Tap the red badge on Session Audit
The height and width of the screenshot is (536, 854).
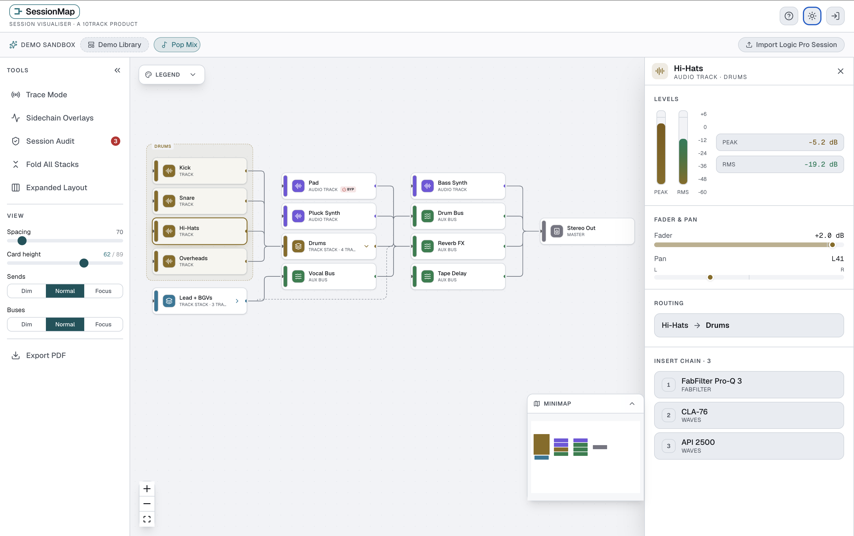pyautogui.click(x=115, y=141)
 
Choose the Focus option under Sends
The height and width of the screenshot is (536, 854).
pyautogui.click(x=103, y=291)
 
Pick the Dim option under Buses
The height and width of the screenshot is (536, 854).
pyautogui.click(x=27, y=324)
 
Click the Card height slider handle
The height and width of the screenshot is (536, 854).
pyautogui.click(x=84, y=263)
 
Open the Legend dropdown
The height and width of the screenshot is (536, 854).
pyautogui.click(x=172, y=74)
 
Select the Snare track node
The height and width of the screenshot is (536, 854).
pyautogui.click(x=200, y=201)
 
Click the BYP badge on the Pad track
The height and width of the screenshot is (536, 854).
pyautogui.click(x=348, y=189)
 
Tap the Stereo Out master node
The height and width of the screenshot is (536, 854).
pyautogui.click(x=587, y=231)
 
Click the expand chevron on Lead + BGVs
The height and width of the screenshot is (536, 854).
pyautogui.click(x=237, y=301)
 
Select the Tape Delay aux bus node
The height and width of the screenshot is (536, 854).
pyautogui.click(x=458, y=276)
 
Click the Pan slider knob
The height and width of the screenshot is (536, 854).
pyautogui.click(x=710, y=277)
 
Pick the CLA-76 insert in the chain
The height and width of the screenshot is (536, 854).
pyautogui.click(x=749, y=415)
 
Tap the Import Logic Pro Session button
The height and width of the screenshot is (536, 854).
pyautogui.click(x=791, y=45)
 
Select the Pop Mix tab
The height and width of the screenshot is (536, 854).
pyautogui.click(x=177, y=45)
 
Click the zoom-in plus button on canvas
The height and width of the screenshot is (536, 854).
pyautogui.click(x=147, y=489)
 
